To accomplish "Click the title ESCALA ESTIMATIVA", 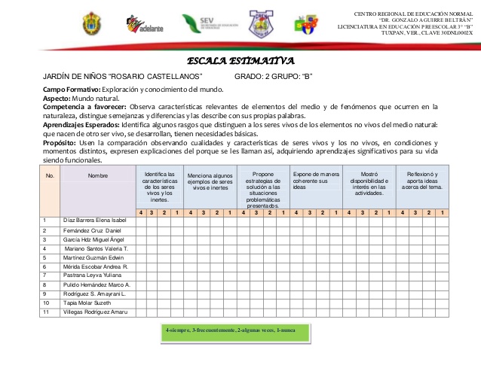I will [240, 61].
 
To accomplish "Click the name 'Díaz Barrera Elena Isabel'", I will [95, 219].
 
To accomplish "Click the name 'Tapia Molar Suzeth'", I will [86, 303].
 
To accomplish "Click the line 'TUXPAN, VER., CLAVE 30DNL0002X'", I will [427, 33].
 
